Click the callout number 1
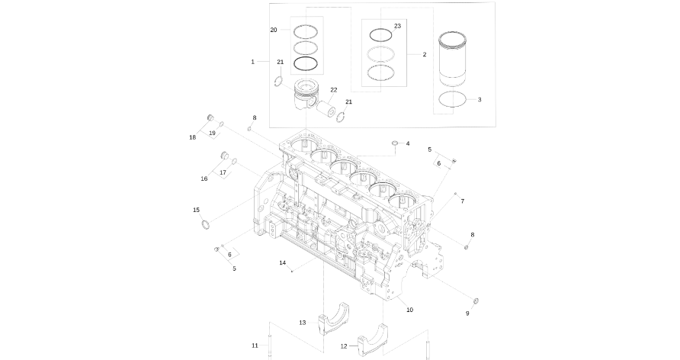[x=252, y=61]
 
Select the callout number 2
[x=425, y=55]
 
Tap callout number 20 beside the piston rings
[x=274, y=30]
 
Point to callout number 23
[x=397, y=26]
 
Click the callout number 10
[x=409, y=310]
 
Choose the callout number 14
[x=282, y=262]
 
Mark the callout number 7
[x=462, y=201]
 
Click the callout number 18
[x=193, y=137]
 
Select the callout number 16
[x=204, y=178]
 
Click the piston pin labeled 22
[x=329, y=111]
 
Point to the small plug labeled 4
[x=395, y=143]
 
